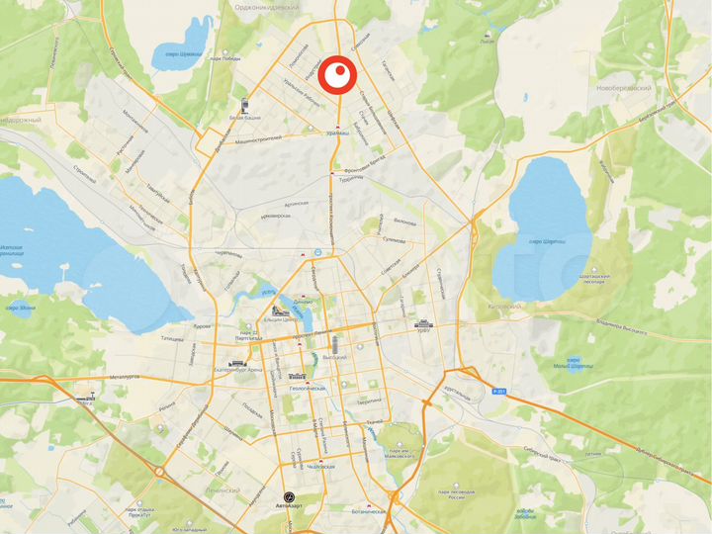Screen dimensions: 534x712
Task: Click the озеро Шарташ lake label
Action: (548, 241)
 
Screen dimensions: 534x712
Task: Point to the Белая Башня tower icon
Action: (243, 104)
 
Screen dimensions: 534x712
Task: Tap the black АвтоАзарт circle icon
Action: (288, 495)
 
